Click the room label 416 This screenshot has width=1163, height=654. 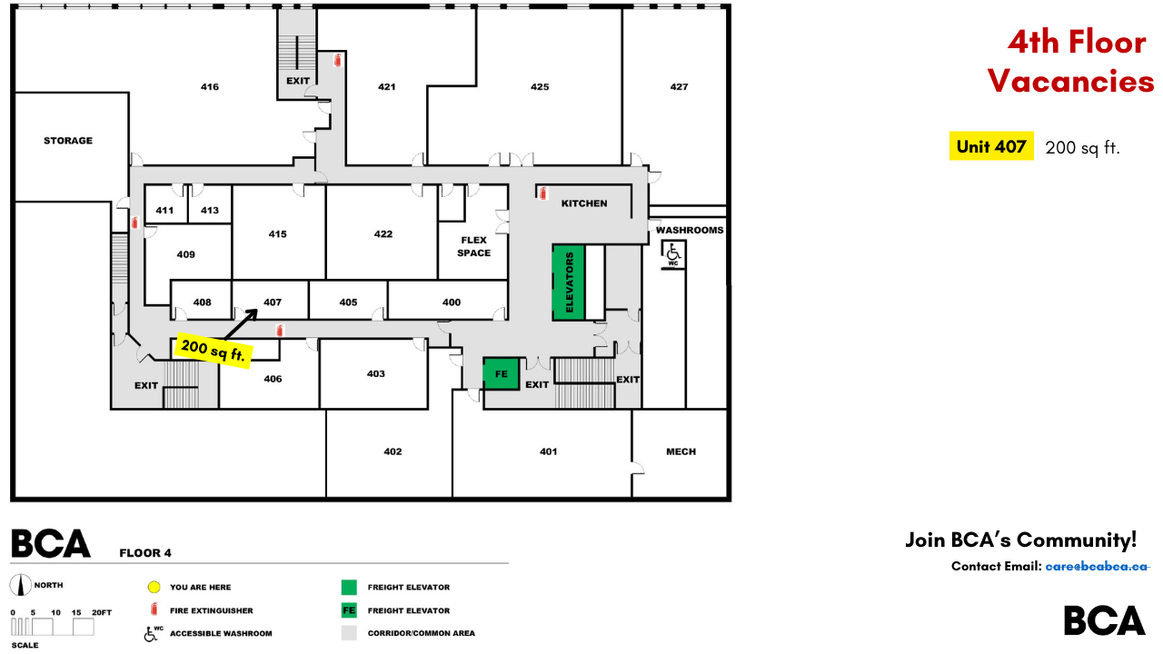pyautogui.click(x=210, y=87)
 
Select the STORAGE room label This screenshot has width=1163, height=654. pyautogui.click(x=68, y=141)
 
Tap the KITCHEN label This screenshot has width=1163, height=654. pyautogui.click(x=584, y=203)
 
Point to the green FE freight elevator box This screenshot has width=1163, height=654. pyautogui.click(x=501, y=373)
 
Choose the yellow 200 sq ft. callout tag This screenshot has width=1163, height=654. pyautogui.click(x=214, y=350)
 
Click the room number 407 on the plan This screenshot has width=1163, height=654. pyautogui.click(x=273, y=302)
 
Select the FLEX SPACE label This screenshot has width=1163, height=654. pyautogui.click(x=473, y=246)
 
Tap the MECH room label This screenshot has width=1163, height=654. pyautogui.click(x=681, y=451)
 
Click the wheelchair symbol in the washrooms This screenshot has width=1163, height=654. pyautogui.click(x=674, y=255)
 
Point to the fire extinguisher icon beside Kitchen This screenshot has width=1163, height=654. pyautogui.click(x=543, y=193)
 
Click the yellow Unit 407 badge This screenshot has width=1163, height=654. pyautogui.click(x=991, y=146)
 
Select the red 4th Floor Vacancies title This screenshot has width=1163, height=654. pyautogui.click(x=1072, y=62)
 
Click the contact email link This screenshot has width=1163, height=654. pyautogui.click(x=1098, y=566)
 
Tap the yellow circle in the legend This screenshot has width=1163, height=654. pyautogui.click(x=154, y=587)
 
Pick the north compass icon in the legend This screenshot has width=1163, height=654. pyautogui.click(x=19, y=586)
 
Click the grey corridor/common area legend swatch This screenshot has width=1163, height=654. pyautogui.click(x=349, y=633)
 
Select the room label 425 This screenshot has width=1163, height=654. pyautogui.click(x=540, y=87)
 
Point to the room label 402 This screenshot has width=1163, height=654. pyautogui.click(x=393, y=451)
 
